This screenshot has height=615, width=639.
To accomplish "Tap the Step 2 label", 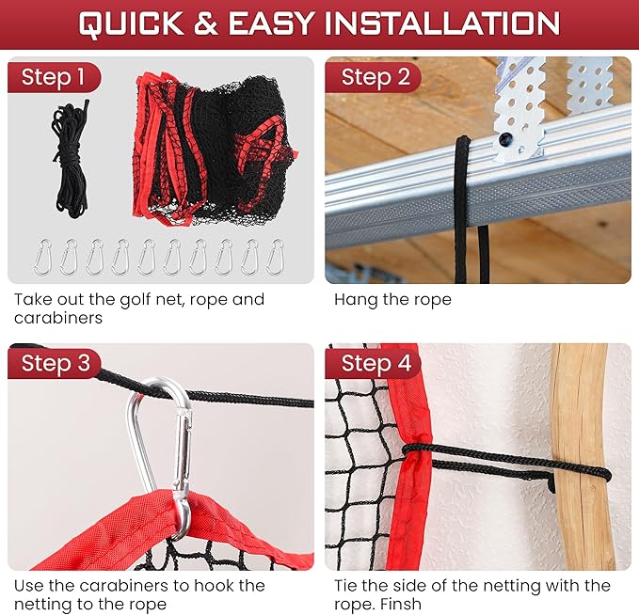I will pyautogui.click(x=375, y=76).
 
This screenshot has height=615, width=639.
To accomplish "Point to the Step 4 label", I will pyautogui.click(x=375, y=363).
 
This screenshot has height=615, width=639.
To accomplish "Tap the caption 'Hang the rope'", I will pyautogui.click(x=392, y=300).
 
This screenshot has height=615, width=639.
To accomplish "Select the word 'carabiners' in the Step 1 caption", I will pyautogui.click(x=58, y=318).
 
